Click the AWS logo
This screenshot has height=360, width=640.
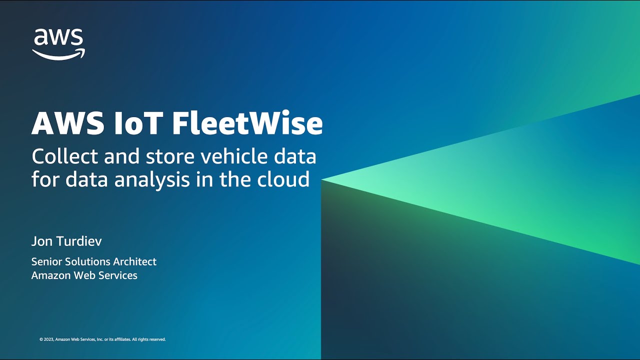(x=58, y=44)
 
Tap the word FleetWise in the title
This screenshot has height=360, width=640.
(x=247, y=123)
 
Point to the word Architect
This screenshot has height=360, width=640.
(x=134, y=261)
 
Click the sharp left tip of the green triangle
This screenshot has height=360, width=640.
(x=322, y=179)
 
